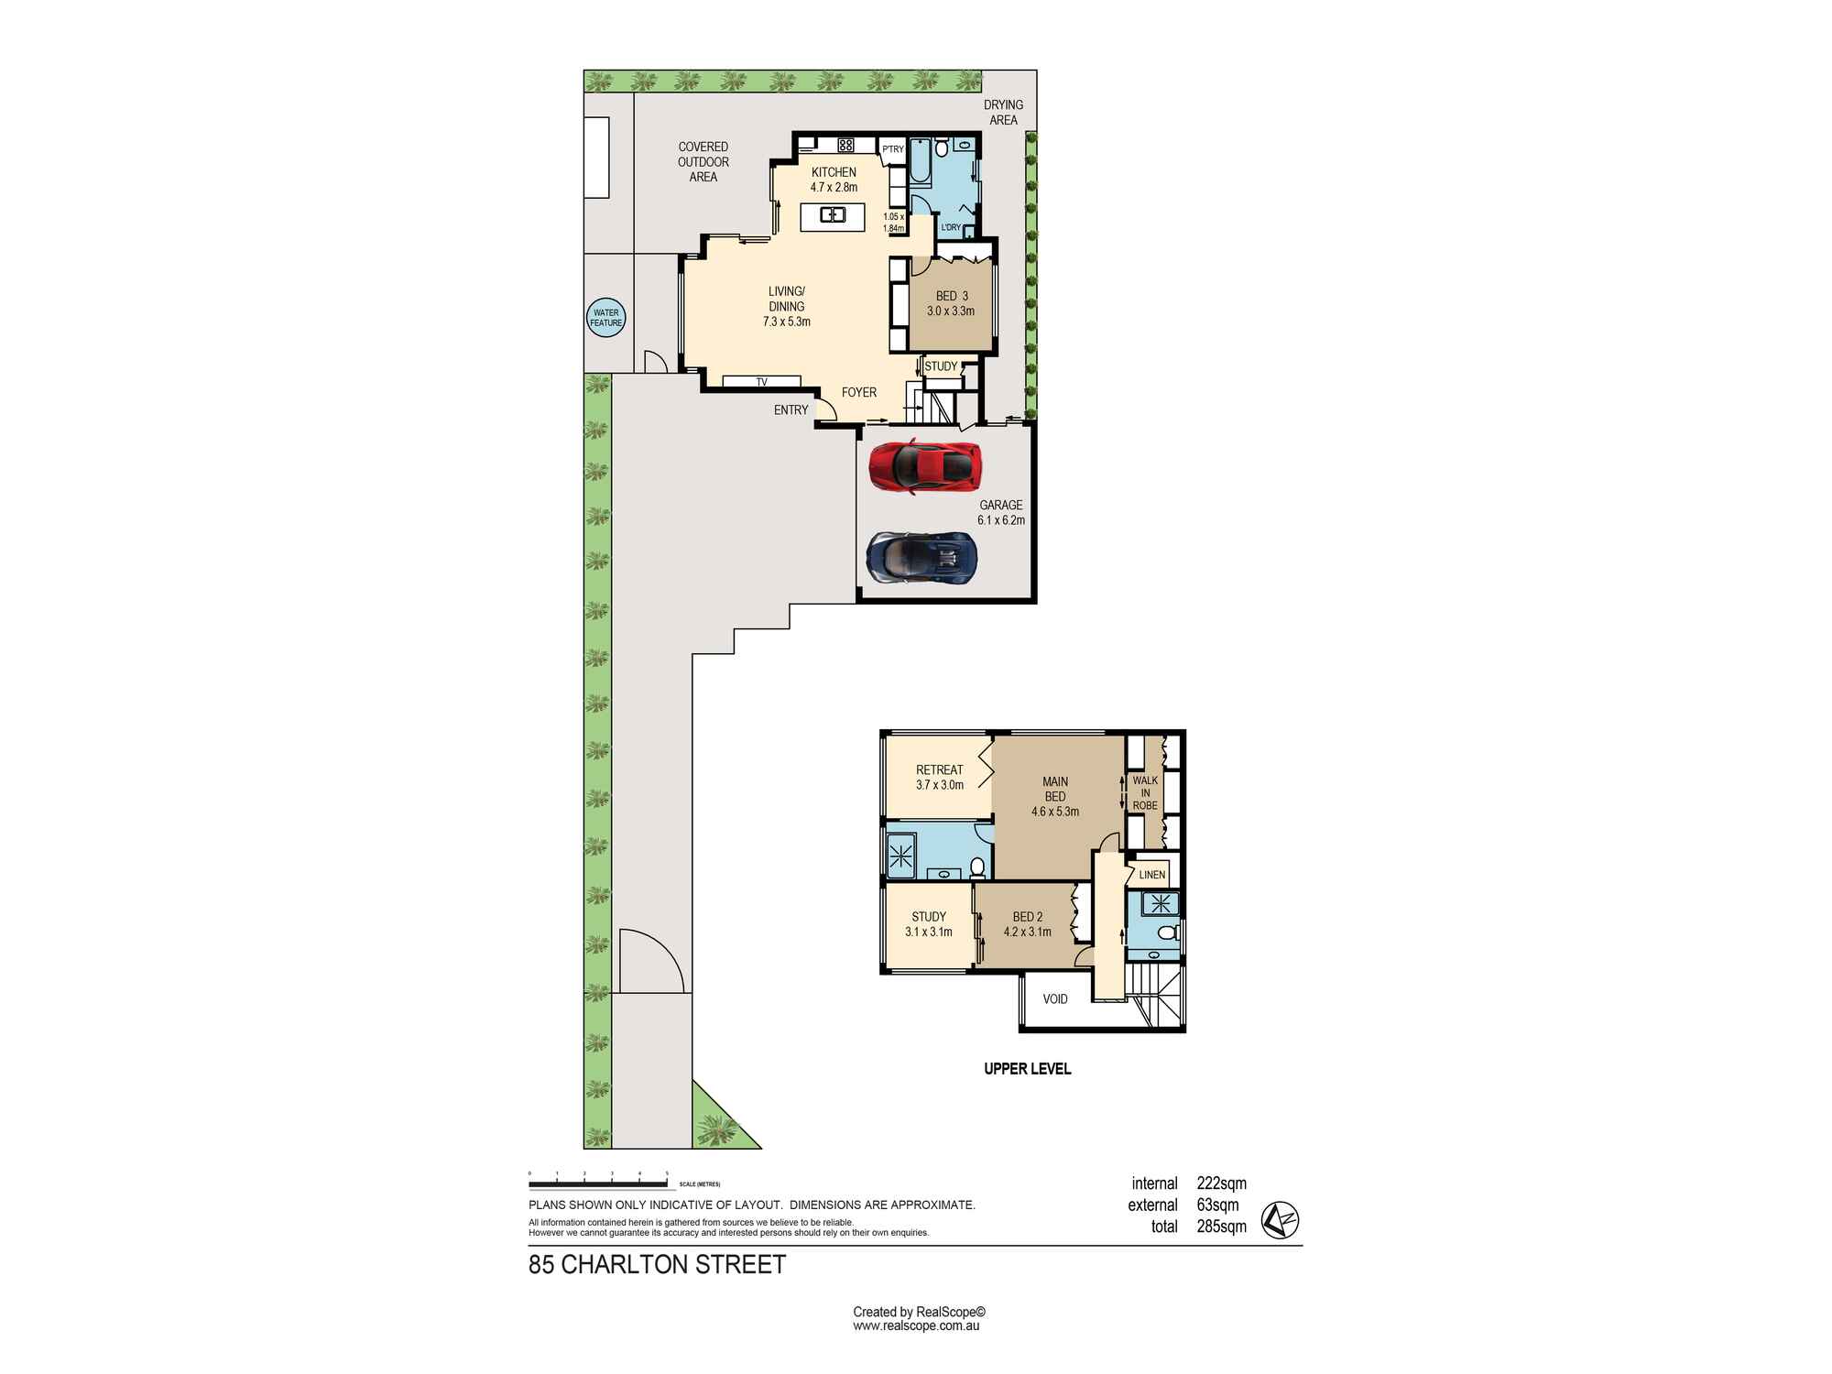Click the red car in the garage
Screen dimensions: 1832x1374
pyautogui.click(x=925, y=467)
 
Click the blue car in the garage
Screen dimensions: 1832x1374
pyautogui.click(x=922, y=557)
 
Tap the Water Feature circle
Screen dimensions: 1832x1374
pyautogui.click(x=605, y=318)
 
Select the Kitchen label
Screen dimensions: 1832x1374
pyautogui.click(x=834, y=172)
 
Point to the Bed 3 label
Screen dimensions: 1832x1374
pyautogui.click(x=952, y=296)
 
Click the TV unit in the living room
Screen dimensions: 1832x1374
pyautogui.click(x=762, y=382)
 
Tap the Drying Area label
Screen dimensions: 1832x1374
pyautogui.click(x=1003, y=113)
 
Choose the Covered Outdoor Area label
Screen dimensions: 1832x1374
pyautogui.click(x=703, y=162)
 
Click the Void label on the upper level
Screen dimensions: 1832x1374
pyautogui.click(x=1055, y=999)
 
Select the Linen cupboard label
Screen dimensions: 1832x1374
pyautogui.click(x=1152, y=875)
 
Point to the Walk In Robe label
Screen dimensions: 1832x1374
pyautogui.click(x=1145, y=793)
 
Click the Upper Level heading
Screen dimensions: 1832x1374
pyautogui.click(x=1027, y=1069)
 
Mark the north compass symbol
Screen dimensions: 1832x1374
pyautogui.click(x=1281, y=1221)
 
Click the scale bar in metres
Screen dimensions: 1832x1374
pyautogui.click(x=598, y=1173)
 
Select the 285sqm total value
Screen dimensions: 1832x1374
pyautogui.click(x=1222, y=1227)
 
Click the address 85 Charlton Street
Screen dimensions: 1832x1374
pyautogui.click(x=658, y=1265)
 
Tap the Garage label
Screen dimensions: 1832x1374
pyautogui.click(x=1001, y=505)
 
